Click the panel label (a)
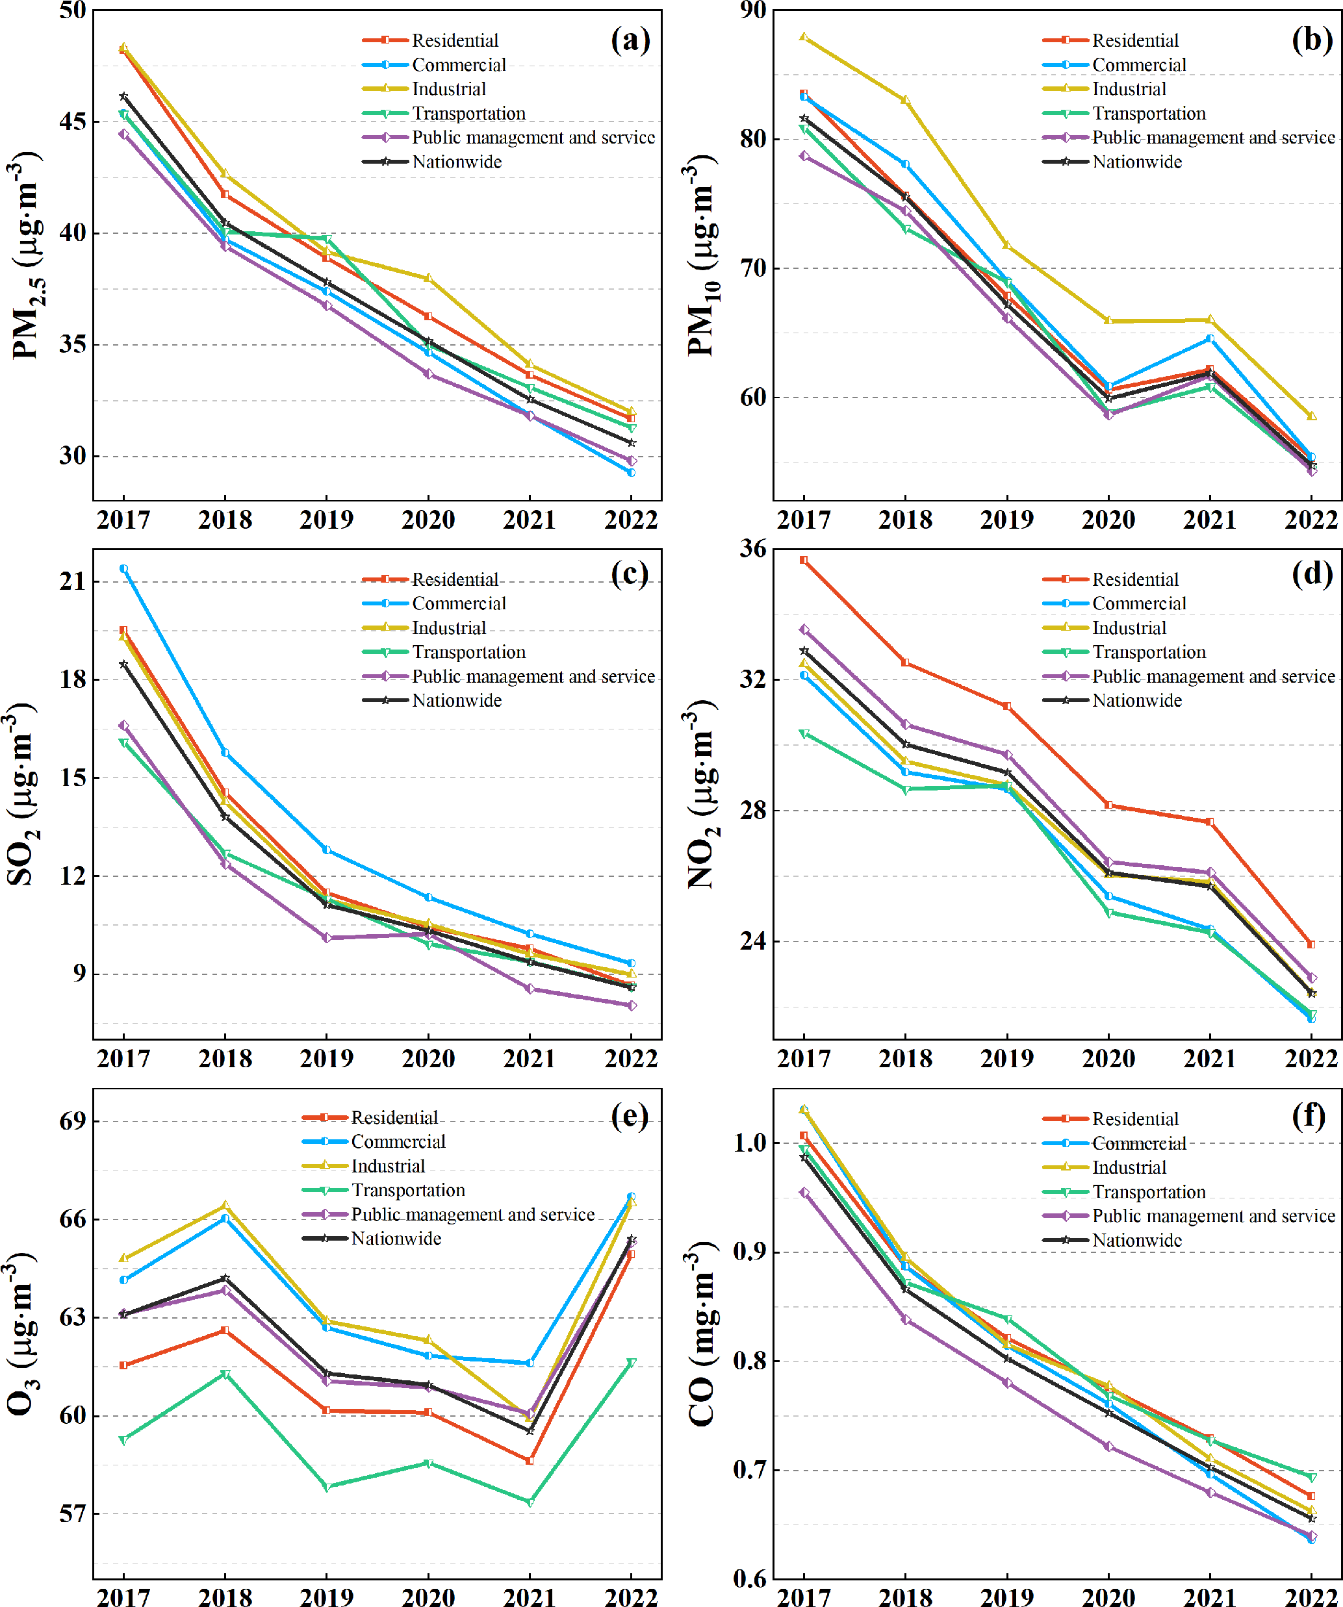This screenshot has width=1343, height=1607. [630, 40]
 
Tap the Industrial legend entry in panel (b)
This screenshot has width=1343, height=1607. [1128, 90]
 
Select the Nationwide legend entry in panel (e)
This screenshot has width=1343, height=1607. [396, 1239]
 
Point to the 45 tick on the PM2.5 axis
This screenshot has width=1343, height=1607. [73, 121]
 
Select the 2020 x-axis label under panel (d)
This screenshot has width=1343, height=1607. [1108, 1059]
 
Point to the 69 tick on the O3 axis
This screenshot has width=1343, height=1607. [73, 1122]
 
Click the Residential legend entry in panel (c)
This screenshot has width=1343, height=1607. [455, 580]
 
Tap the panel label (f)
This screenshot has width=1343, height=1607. [1309, 1117]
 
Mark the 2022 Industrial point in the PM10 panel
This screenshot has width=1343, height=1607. [1312, 416]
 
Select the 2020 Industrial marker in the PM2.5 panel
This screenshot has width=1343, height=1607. [429, 278]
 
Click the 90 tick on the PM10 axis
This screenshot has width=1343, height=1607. [753, 10]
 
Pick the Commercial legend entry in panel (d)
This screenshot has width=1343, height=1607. [1139, 604]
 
